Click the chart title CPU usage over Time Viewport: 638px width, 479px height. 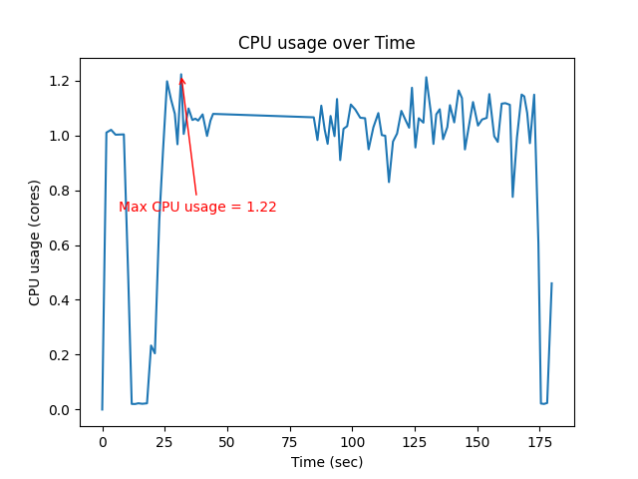coord(326,43)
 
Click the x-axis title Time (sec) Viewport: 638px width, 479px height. coord(326,462)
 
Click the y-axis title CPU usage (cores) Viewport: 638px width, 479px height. coord(35,242)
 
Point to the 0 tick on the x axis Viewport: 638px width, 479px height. coord(102,442)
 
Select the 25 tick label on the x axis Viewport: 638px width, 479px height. coord(164,442)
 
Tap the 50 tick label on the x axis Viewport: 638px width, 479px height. coord(227,442)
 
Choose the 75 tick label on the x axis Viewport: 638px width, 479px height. coord(290,442)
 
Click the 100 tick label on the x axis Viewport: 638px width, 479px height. coord(352,442)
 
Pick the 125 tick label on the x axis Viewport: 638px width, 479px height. coord(415,442)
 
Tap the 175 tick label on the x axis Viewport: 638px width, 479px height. coord(539,442)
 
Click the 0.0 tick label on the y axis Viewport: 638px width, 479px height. coord(60,410)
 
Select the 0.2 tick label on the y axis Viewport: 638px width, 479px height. coord(60,355)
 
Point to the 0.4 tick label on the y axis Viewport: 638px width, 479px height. coord(60,300)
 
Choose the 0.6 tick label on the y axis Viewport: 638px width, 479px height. coord(60,245)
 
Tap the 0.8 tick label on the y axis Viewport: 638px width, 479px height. coord(60,191)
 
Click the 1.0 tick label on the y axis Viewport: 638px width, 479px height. coord(60,136)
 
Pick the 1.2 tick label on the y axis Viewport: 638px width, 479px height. coord(60,81)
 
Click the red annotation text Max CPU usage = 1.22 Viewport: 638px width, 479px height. coord(197,207)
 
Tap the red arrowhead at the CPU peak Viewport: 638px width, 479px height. coord(181,80)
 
